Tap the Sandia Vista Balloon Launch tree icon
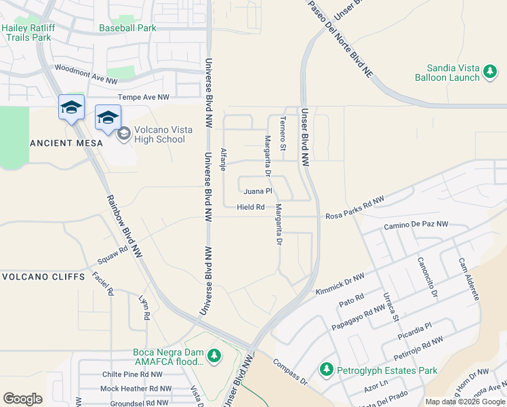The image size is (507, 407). (491, 71)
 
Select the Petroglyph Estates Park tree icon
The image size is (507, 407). (327, 370)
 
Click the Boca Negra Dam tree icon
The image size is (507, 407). (214, 355)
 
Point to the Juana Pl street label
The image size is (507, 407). (258, 191)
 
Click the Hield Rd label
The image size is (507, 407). (250, 207)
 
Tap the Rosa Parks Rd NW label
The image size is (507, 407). (354, 208)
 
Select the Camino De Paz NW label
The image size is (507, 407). (415, 225)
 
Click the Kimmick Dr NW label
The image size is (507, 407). (340, 284)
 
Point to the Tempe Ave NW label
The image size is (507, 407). (143, 98)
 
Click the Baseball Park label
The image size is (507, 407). (127, 28)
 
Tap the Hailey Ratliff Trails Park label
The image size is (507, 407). (26, 33)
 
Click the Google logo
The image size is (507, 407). (22, 398)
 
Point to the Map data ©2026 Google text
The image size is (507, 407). (465, 402)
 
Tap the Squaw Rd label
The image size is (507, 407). (113, 254)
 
